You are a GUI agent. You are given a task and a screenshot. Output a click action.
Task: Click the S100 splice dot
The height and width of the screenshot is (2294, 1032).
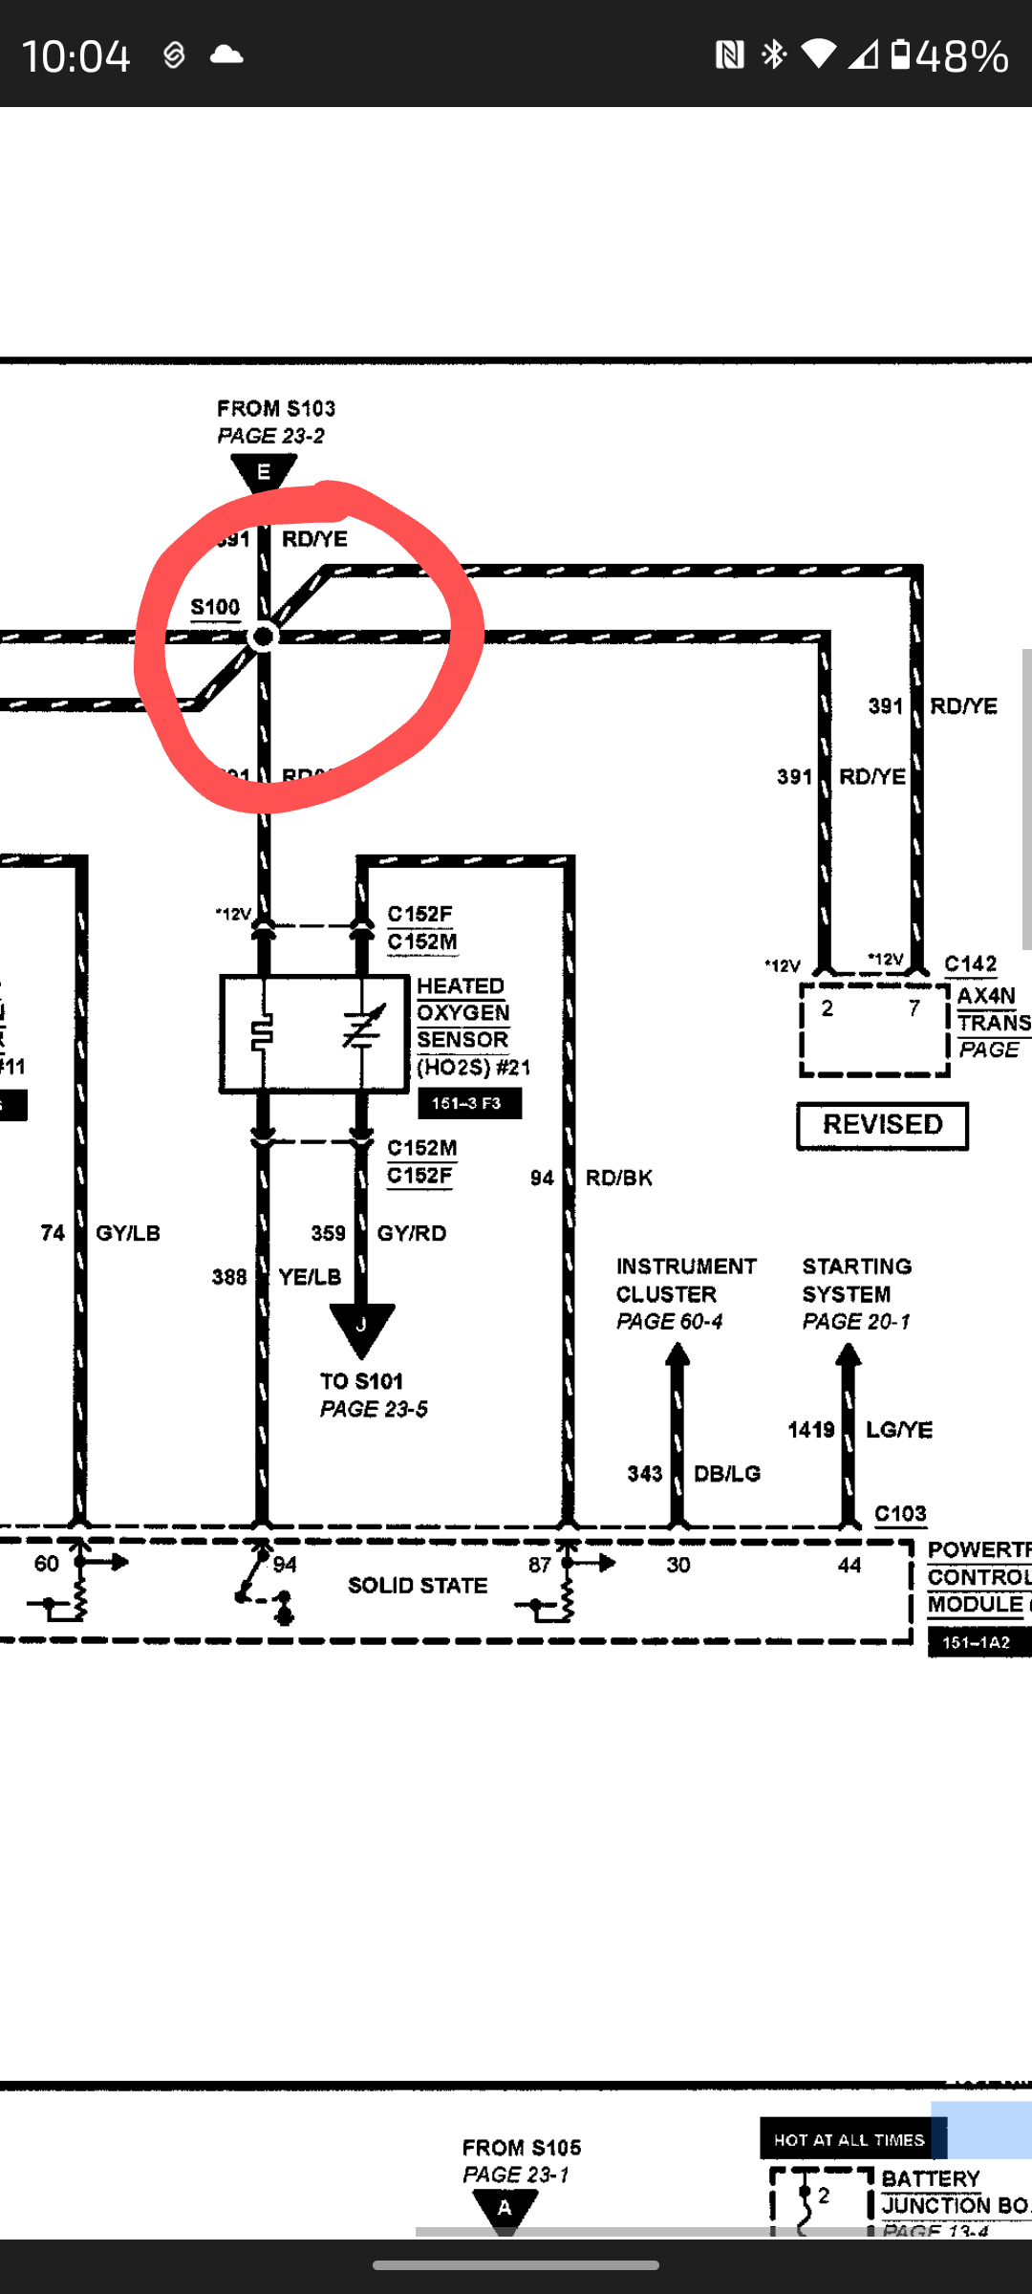pos(263,637)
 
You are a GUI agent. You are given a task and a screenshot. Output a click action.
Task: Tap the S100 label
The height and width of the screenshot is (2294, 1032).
pos(215,608)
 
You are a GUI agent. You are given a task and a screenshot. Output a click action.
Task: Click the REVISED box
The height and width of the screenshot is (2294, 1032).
pos(882,1125)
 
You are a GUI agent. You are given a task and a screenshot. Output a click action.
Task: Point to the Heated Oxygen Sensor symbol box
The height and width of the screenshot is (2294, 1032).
pos(314,1033)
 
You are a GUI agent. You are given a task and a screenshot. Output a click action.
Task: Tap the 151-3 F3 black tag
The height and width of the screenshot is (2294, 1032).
pos(469,1103)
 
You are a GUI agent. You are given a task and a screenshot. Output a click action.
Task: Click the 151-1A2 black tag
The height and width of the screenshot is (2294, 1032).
pos(977,1642)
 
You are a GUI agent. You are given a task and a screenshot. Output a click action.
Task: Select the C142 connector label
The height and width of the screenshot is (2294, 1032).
pos(970,963)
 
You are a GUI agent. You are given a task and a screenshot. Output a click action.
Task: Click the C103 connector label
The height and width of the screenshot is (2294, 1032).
pos(900,1514)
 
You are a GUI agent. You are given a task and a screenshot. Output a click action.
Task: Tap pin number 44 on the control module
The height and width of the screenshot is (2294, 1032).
pos(849,1565)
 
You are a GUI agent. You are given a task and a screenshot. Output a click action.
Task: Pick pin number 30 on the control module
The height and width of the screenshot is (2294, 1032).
pos(678,1565)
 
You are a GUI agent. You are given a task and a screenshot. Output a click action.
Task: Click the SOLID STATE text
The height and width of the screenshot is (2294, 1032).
pos(418,1586)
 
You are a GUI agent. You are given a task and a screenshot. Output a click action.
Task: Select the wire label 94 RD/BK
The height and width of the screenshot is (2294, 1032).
pos(591,1178)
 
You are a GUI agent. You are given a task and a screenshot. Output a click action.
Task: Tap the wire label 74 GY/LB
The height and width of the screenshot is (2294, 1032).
pos(100,1233)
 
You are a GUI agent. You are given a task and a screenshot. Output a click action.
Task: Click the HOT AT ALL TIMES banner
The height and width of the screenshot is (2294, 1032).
pos(849,2140)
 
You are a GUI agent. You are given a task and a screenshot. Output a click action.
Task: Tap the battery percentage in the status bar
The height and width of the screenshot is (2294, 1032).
pos(961,55)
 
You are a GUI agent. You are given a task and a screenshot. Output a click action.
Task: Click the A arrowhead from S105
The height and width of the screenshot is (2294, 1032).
pos(505,2208)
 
